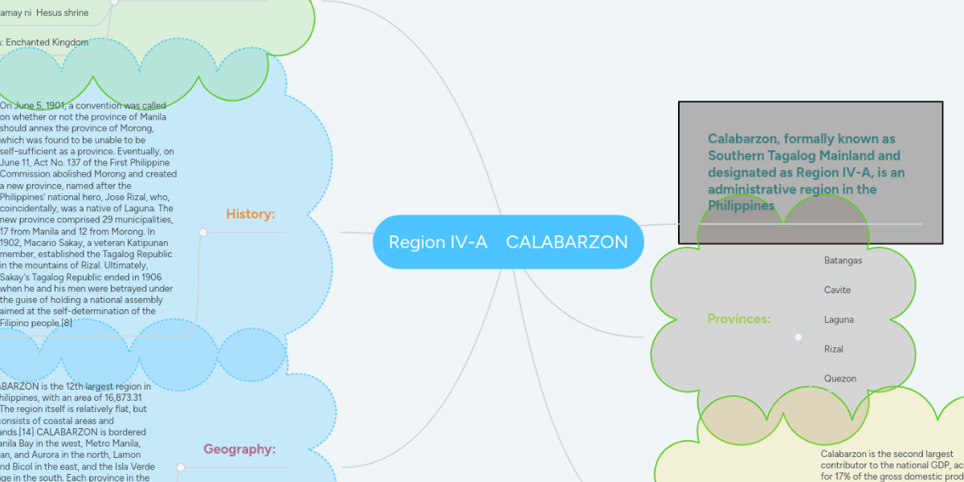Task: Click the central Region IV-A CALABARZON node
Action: pyautogui.click(x=508, y=242)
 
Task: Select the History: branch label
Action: pyautogui.click(x=251, y=214)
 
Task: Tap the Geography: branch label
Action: pyautogui.click(x=239, y=449)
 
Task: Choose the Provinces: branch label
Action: pyautogui.click(x=739, y=319)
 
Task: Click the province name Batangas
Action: pyautogui.click(x=843, y=260)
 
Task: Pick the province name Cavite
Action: pyautogui.click(x=837, y=290)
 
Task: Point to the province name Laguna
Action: pyautogui.click(x=839, y=320)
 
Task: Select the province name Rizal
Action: pyautogui.click(x=834, y=349)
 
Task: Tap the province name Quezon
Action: pyautogui.click(x=840, y=378)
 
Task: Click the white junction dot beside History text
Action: pyautogui.click(x=203, y=232)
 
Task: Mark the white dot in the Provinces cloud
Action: pyautogui.click(x=799, y=337)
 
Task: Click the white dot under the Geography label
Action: pyautogui.click(x=180, y=467)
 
